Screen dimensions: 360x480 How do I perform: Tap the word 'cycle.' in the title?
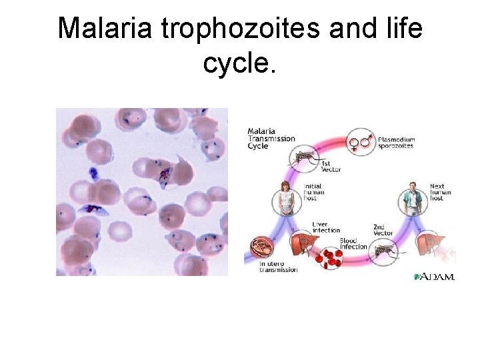(x=239, y=63)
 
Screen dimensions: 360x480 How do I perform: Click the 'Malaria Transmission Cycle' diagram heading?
(x=271, y=139)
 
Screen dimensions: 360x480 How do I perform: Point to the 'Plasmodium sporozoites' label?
(x=396, y=143)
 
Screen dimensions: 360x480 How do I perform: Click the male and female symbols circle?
(x=361, y=141)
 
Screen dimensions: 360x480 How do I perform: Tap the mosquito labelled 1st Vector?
(x=305, y=157)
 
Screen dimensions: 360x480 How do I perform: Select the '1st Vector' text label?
(x=331, y=167)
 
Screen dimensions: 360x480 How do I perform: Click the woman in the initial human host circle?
(x=286, y=198)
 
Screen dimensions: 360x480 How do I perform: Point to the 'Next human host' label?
(x=440, y=192)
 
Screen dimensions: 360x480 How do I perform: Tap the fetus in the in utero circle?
(x=261, y=248)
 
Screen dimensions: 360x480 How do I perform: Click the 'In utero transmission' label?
(x=278, y=267)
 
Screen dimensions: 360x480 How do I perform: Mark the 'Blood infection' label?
(x=353, y=243)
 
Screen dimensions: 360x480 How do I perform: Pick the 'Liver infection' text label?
(x=326, y=227)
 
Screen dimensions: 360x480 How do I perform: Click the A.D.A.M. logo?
(x=434, y=276)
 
